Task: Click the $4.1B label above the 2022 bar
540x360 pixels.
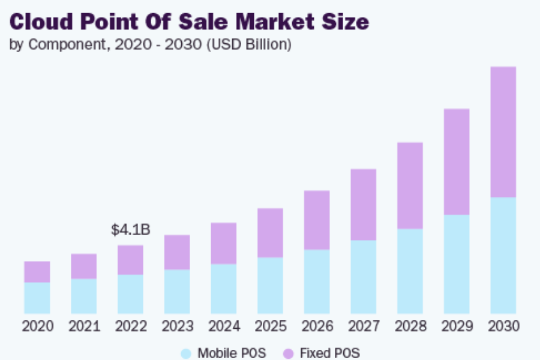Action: tap(130, 230)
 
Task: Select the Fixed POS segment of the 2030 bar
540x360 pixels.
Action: tap(503, 132)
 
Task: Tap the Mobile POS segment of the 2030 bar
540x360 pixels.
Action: tap(503, 255)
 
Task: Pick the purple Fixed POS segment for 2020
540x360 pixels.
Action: tap(37, 272)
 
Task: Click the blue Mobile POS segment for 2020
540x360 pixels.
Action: tap(37, 298)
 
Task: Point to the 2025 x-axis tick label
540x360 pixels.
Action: tap(271, 326)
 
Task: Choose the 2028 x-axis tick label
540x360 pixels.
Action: tap(410, 326)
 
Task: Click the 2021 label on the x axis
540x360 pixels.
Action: tap(84, 326)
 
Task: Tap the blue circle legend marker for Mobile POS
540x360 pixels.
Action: tap(187, 353)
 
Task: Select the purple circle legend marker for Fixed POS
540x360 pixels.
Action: tap(288, 353)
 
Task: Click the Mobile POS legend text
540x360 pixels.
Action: tap(232, 353)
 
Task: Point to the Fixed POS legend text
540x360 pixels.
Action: tap(329, 353)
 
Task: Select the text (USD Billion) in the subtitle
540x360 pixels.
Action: tap(249, 44)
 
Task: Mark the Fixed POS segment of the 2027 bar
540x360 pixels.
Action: tap(363, 205)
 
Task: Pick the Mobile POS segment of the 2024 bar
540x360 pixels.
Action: tap(223, 289)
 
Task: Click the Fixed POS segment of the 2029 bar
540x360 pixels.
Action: tap(457, 162)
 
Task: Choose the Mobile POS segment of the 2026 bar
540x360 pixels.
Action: tap(317, 281)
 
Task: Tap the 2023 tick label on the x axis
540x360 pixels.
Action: tap(177, 326)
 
